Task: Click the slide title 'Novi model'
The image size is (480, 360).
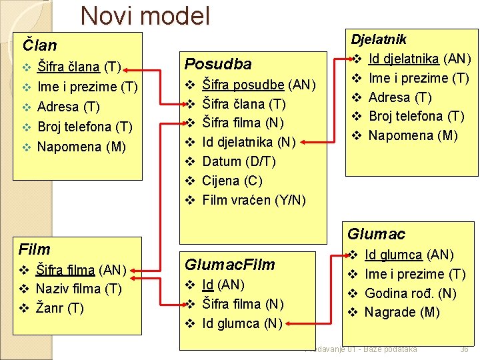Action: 145,16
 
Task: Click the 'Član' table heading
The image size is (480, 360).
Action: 40,45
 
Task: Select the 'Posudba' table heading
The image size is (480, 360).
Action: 218,64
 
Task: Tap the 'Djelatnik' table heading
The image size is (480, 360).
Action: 379,40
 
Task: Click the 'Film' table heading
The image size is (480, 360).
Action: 35,249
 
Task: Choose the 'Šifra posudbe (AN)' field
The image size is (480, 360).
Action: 258,85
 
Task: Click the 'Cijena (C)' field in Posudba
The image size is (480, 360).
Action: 232,181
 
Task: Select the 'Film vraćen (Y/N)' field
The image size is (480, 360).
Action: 254,200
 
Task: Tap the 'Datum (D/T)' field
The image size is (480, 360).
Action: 239,161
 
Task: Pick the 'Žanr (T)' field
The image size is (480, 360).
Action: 59,308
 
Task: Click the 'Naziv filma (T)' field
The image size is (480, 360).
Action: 79,289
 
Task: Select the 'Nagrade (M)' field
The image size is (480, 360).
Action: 400,312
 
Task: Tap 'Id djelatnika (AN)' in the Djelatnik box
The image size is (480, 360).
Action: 419,59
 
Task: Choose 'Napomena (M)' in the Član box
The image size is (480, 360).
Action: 81,147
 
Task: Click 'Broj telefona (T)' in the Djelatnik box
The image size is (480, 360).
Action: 416,116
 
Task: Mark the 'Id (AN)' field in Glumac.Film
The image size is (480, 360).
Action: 223,285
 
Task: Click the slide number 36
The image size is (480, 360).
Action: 464,349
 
